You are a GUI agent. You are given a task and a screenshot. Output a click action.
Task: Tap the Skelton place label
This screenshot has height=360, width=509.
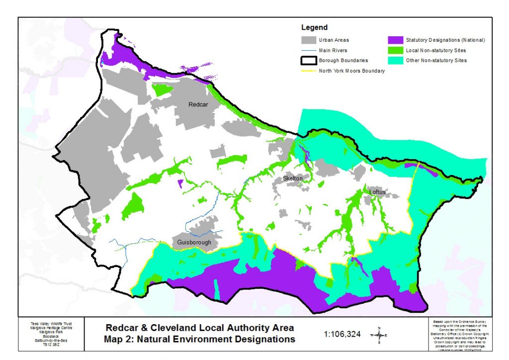(293, 179)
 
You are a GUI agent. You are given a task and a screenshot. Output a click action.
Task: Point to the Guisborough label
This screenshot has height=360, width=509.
(194, 243)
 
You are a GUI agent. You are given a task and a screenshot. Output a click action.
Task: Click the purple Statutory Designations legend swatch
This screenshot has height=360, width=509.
(396, 40)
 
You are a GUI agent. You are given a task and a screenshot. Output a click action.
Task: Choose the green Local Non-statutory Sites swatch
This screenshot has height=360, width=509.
(396, 50)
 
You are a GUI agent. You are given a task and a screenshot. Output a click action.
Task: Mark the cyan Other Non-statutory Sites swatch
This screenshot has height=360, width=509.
(396, 60)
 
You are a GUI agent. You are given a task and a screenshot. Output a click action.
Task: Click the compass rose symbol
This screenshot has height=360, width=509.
(379, 335)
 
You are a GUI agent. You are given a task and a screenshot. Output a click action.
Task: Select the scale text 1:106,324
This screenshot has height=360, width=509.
(342, 334)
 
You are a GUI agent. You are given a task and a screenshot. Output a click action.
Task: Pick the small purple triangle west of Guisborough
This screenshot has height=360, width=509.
(179, 183)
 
